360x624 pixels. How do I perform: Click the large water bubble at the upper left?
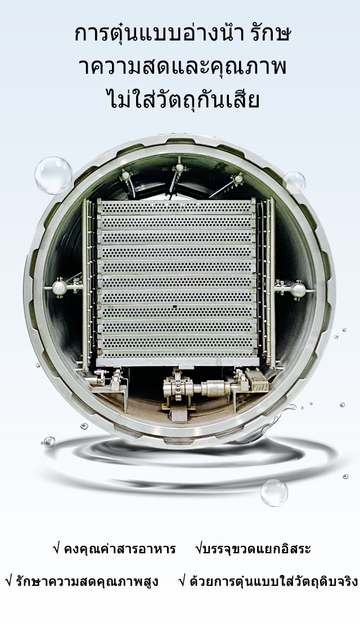coord(53,175)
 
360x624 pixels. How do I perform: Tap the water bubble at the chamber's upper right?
coord(295,183)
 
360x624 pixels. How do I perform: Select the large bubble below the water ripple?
coord(274,492)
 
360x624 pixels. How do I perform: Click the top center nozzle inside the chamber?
coord(179,167)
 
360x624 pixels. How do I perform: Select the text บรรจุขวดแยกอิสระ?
coord(256,549)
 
